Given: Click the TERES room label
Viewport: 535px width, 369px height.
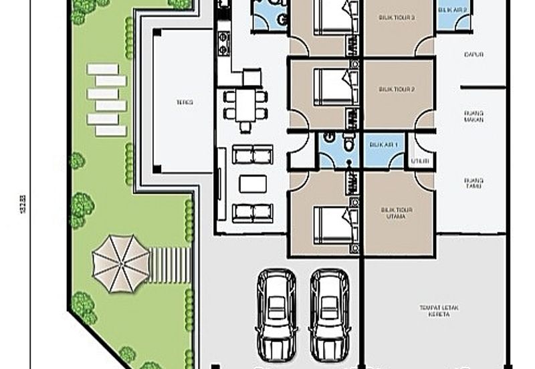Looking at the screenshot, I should point(185,102).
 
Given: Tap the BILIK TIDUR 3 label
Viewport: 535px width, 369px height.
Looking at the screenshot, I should point(397,18).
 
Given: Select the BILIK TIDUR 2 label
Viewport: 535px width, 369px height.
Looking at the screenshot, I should point(397,89).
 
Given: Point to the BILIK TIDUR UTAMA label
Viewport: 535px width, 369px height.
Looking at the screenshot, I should point(397,213).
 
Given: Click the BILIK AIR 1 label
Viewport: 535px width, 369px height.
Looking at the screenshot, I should point(383,144).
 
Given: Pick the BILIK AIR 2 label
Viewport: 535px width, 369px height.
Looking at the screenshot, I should point(453,10).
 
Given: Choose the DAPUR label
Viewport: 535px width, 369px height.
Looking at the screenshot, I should point(473,55).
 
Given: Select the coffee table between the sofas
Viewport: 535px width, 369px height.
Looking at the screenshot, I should point(252,184).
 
